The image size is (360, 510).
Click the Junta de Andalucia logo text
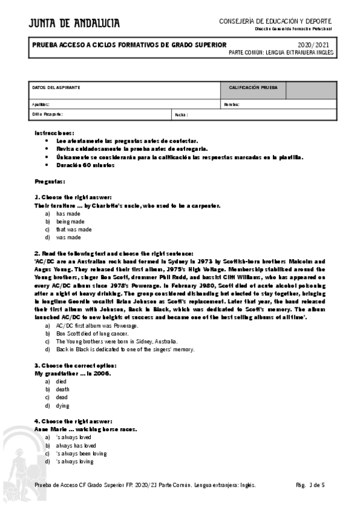[73, 23]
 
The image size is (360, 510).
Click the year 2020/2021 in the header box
[313, 45]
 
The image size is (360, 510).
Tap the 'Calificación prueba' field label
[253, 88]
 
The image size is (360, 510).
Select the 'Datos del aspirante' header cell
[56, 88]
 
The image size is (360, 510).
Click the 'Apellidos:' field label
[41, 105]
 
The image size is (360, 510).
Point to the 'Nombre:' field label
[231, 105]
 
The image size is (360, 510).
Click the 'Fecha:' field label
[181, 114]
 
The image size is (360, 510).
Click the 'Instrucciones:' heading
[54, 132]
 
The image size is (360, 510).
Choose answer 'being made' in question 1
[70, 221]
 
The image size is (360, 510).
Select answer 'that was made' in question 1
[74, 229]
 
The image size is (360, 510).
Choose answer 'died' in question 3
[61, 381]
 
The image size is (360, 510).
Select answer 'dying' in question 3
[63, 405]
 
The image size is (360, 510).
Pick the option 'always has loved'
[76, 446]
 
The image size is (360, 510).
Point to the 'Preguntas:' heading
[50, 181]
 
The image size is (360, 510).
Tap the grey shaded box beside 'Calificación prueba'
[310, 90]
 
